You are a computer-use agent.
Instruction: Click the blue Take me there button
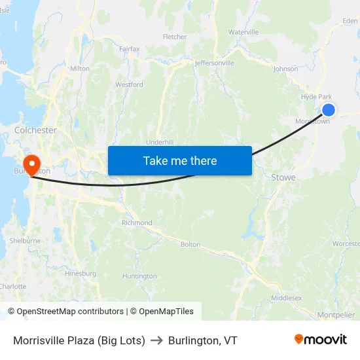(x=180, y=160)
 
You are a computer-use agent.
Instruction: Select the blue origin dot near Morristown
(x=329, y=110)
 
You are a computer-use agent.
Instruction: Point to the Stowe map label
(x=283, y=177)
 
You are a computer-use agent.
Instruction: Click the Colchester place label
(x=35, y=130)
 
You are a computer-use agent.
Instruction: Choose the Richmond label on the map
(x=137, y=223)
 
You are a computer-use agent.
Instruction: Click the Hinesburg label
(x=81, y=273)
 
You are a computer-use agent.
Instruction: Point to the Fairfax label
(x=130, y=48)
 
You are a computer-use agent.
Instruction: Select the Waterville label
(x=243, y=32)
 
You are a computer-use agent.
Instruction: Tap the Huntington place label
(x=139, y=276)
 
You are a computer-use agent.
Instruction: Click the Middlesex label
(x=286, y=298)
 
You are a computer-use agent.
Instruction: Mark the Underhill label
(x=160, y=142)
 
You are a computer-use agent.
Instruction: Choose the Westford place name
(x=129, y=84)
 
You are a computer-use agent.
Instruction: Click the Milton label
(x=79, y=68)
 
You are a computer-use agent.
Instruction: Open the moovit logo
(x=320, y=340)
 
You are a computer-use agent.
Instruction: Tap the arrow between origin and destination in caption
(x=156, y=340)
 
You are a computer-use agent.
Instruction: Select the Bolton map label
(x=190, y=244)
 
